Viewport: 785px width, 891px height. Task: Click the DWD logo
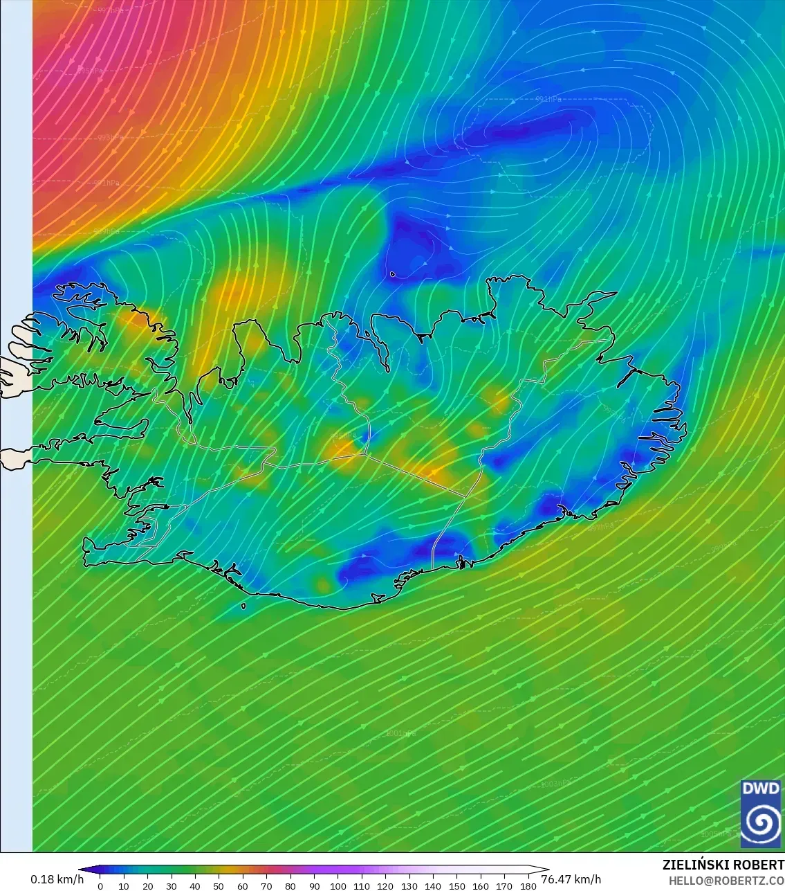coord(761,814)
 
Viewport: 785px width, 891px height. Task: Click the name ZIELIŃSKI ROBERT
coord(723,865)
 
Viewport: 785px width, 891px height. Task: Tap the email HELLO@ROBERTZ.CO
coord(726,881)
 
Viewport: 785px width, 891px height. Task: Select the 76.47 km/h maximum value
coord(571,879)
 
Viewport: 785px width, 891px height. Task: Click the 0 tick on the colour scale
coord(100,885)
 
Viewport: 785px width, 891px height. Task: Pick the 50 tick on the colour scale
coord(219,885)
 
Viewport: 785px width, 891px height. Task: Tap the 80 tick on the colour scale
coord(290,885)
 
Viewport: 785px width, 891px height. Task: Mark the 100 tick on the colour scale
coord(338,885)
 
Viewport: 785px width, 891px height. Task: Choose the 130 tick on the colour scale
coord(409,885)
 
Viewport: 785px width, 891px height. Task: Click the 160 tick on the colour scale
coord(481,885)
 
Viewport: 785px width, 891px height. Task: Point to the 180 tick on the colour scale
coord(528,885)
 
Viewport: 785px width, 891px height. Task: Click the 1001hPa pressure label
coord(400,733)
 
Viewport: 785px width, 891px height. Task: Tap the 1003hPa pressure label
coord(557,784)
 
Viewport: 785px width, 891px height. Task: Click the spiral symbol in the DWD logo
coord(761,823)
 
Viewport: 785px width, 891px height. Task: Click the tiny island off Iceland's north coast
coord(392,274)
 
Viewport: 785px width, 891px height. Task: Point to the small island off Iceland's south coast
coord(243,606)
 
